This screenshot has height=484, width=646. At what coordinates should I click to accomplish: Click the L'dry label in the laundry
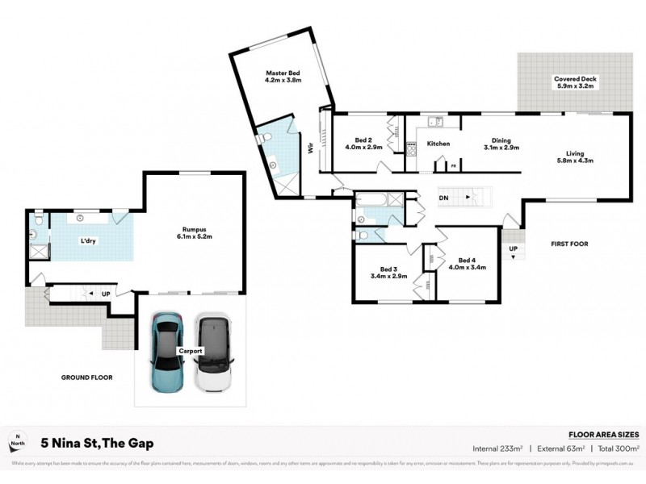coord(89,241)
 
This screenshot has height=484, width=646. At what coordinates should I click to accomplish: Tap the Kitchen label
coord(438,144)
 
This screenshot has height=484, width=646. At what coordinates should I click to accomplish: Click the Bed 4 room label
coord(466,260)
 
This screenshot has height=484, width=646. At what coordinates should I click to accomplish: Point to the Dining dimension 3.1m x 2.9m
coord(501,148)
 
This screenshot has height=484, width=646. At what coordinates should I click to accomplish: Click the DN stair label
coord(443,197)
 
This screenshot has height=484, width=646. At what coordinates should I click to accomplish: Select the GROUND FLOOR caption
coord(86,378)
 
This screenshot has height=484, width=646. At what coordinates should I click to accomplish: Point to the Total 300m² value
coord(617,449)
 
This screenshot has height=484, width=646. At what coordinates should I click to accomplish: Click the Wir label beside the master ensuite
coord(309,148)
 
